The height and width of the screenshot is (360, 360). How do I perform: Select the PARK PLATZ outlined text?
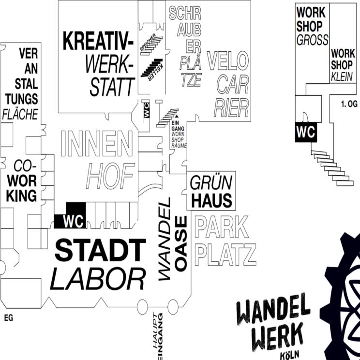coord(225,241)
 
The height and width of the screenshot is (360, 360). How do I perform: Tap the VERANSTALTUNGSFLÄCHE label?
coord(22,83)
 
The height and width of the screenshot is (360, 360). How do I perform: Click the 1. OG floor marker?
coord(349,103)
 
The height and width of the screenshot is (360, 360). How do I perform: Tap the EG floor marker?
coord(8,318)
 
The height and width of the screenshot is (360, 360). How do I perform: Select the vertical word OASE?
coord(181,243)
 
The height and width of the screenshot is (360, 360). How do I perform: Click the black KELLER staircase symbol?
coord(151,68)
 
